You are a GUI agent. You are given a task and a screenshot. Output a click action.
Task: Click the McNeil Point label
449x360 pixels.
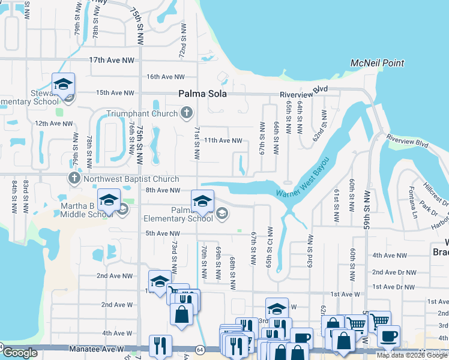pos(377,63)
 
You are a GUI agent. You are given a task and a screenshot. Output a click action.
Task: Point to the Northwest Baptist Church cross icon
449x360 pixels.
pos(74,178)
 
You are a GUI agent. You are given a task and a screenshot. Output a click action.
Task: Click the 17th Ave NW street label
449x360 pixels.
pos(112,61)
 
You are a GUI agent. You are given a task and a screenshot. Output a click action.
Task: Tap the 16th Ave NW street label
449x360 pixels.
pos(166,77)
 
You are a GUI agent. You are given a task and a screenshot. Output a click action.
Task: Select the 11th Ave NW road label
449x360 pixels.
pos(223,140)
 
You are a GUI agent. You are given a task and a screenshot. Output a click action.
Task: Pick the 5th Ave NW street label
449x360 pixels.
pos(162,233)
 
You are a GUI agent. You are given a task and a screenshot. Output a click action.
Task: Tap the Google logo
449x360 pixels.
pos(20,353)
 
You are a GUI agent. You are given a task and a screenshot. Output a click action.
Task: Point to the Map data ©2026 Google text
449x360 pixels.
pos(412,355)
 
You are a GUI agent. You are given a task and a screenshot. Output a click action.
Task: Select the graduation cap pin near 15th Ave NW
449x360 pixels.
pos(62,85)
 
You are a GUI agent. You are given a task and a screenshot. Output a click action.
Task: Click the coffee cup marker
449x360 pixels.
pos(388,336)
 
